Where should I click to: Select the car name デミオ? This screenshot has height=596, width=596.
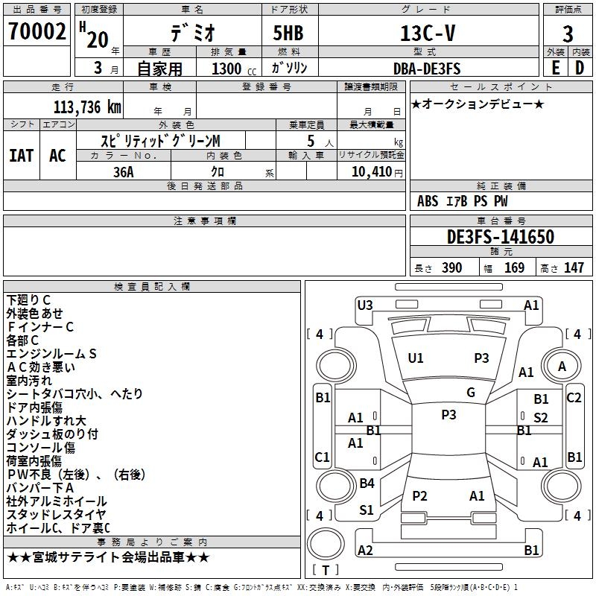pyautogui.click(x=192, y=34)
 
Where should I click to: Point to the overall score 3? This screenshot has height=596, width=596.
pyautogui.click(x=568, y=34)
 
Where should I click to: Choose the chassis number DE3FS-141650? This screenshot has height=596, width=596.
pyautogui.click(x=501, y=237)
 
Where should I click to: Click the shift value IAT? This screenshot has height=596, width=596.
pyautogui.click(x=21, y=156)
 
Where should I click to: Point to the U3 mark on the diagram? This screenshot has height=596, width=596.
pyautogui.click(x=364, y=304)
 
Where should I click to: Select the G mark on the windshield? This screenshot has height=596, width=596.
pyautogui.click(x=470, y=393)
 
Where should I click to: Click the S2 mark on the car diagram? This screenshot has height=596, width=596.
pyautogui.click(x=540, y=417)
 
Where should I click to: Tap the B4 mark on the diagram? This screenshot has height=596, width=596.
pyautogui.click(x=367, y=483)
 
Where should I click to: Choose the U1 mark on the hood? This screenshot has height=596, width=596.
pyautogui.click(x=415, y=358)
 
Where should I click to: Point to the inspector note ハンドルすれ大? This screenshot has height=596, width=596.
pyautogui.click(x=46, y=421)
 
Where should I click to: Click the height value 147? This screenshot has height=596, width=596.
pyautogui.click(x=574, y=268)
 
